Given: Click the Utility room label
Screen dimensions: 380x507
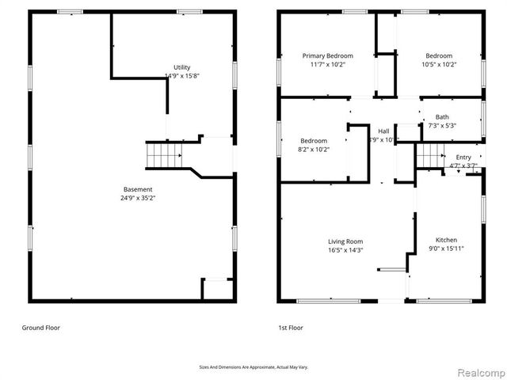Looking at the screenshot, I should [x=182, y=67].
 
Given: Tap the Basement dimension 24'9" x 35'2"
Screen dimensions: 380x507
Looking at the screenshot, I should [x=138, y=199].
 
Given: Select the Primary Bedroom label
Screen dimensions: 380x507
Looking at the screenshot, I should [x=327, y=56].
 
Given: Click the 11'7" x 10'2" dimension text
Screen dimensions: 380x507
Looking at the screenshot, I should [x=327, y=66].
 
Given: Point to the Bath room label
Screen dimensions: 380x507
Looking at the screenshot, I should [x=441, y=117].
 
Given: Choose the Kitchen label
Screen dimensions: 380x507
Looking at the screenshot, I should [x=446, y=240].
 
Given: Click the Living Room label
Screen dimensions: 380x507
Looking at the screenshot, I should [x=345, y=241].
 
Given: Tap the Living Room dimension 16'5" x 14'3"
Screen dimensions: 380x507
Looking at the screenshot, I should [x=345, y=250].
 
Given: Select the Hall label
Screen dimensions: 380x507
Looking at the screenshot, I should [x=383, y=131].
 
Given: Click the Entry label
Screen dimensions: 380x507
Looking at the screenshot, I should [x=463, y=157].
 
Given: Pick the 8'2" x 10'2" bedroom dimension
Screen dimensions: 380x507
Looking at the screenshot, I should [x=313, y=149].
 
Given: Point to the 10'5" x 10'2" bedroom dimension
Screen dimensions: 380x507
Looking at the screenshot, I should [x=439, y=66].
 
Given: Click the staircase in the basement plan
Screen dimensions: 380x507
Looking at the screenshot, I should [x=163, y=155].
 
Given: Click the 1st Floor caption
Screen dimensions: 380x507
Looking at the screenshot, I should [x=291, y=327].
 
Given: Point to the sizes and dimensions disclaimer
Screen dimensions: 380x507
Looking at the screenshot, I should [x=253, y=367].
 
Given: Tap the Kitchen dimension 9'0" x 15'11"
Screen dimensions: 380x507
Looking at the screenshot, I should [x=446, y=249].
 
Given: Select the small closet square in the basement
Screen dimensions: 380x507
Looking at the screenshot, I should [x=215, y=288].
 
